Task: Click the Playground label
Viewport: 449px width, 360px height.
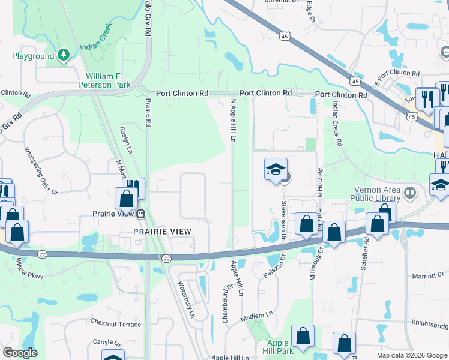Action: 33,56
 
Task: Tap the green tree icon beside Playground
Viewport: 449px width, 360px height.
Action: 63,56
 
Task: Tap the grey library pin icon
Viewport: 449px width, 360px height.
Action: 411,193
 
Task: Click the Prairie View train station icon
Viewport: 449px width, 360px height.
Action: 140,214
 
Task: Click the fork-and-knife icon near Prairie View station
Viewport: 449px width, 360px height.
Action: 133,186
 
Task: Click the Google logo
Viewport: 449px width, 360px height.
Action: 19,353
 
